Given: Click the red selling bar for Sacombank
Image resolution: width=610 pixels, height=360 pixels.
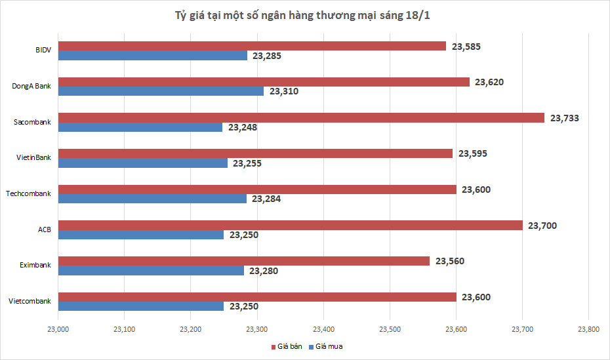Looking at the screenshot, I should [302, 118].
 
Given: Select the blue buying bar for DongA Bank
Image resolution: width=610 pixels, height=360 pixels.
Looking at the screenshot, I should [161, 91].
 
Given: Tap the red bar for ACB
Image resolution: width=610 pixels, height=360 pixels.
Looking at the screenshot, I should [291, 226].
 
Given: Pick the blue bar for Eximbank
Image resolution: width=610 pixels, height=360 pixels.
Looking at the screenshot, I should [152, 271].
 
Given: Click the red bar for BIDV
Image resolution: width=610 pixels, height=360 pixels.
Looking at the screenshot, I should [253, 46].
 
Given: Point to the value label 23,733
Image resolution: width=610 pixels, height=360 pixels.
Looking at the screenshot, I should [565, 118].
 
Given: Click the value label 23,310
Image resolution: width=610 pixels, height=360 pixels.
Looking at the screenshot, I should [284, 91].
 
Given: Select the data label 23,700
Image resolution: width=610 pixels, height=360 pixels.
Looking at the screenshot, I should [542, 226].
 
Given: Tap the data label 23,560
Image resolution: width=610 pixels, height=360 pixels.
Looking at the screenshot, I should [449, 261].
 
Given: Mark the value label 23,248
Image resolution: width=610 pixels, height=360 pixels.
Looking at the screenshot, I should [243, 127].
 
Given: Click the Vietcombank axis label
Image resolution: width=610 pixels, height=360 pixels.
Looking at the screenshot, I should [30, 301].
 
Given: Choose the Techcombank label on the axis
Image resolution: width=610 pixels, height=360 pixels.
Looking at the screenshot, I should [28, 193].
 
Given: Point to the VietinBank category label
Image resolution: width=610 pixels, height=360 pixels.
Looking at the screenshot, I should [33, 157].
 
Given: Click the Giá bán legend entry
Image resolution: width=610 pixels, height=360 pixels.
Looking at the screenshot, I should [287, 346].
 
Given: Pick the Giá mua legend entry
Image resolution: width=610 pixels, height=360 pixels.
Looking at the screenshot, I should [329, 346].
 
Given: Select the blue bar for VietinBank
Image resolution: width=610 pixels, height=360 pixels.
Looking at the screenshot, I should [143, 163].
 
